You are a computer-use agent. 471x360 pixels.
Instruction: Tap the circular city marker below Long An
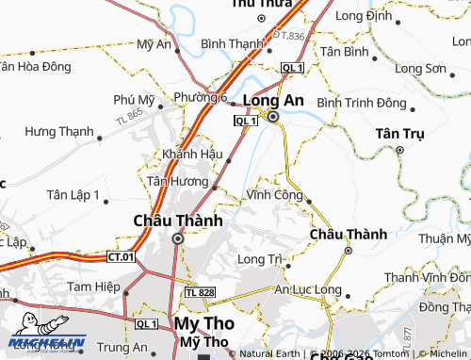point(273,117)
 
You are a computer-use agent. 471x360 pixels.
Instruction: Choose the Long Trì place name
point(261,259)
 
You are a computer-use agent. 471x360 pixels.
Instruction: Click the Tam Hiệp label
point(91,286)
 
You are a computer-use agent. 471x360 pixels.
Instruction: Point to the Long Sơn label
point(420,69)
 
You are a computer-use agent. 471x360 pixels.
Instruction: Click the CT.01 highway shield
point(121,255)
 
